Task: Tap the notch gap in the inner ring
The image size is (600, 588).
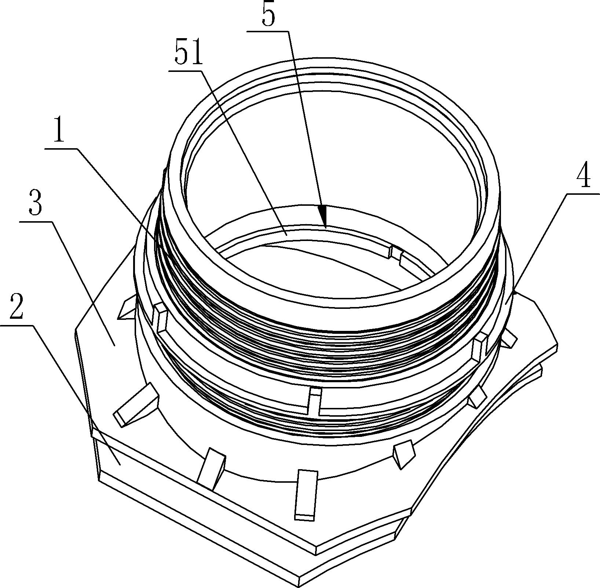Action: coord(395,253)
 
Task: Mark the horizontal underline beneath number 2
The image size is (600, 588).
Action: coord(17,325)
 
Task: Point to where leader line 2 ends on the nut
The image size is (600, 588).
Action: coord(120,464)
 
